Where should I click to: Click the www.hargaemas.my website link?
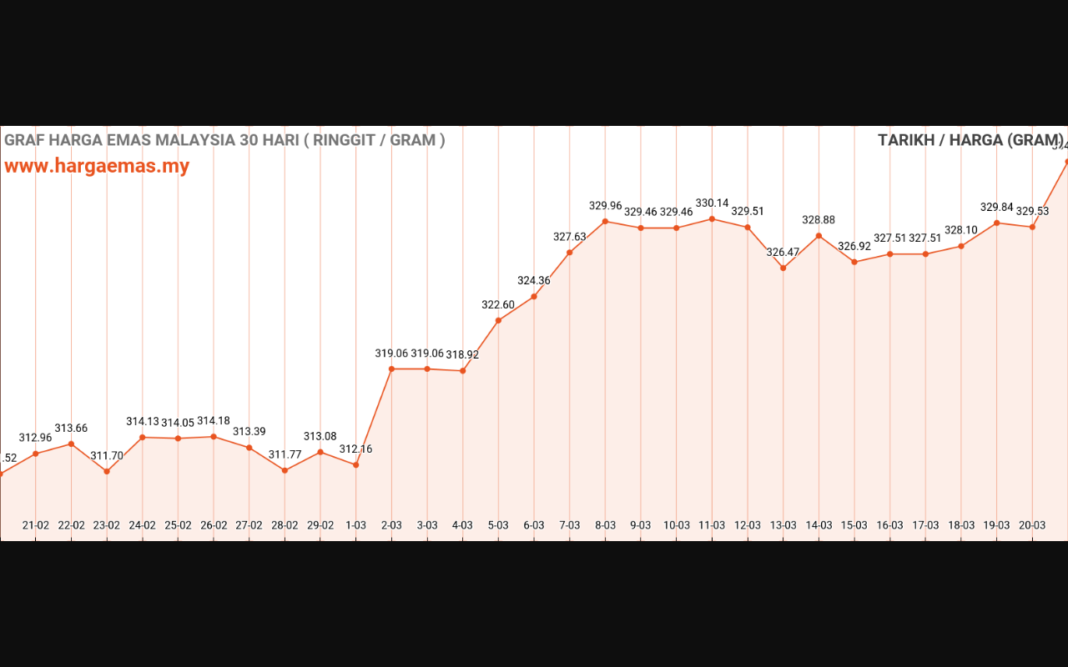(x=97, y=166)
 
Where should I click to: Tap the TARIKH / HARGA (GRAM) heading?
(x=970, y=140)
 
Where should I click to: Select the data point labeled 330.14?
(x=712, y=219)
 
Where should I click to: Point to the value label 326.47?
(x=783, y=252)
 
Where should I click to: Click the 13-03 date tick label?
(x=783, y=525)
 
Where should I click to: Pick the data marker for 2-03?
(x=391, y=369)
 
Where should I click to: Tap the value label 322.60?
(x=498, y=304)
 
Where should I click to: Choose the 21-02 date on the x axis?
(x=35, y=525)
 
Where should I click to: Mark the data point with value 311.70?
(x=107, y=472)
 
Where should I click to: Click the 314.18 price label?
(x=214, y=421)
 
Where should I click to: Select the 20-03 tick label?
(x=1032, y=525)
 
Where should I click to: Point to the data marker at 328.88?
(x=819, y=236)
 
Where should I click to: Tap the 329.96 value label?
(x=605, y=205)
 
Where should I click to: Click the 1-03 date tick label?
(x=355, y=525)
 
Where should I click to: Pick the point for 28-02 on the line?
(x=285, y=470)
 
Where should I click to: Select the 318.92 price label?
(x=462, y=354)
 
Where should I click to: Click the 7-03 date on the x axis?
(x=569, y=525)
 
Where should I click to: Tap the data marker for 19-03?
(x=996, y=223)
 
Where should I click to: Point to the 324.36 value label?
(x=534, y=280)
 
